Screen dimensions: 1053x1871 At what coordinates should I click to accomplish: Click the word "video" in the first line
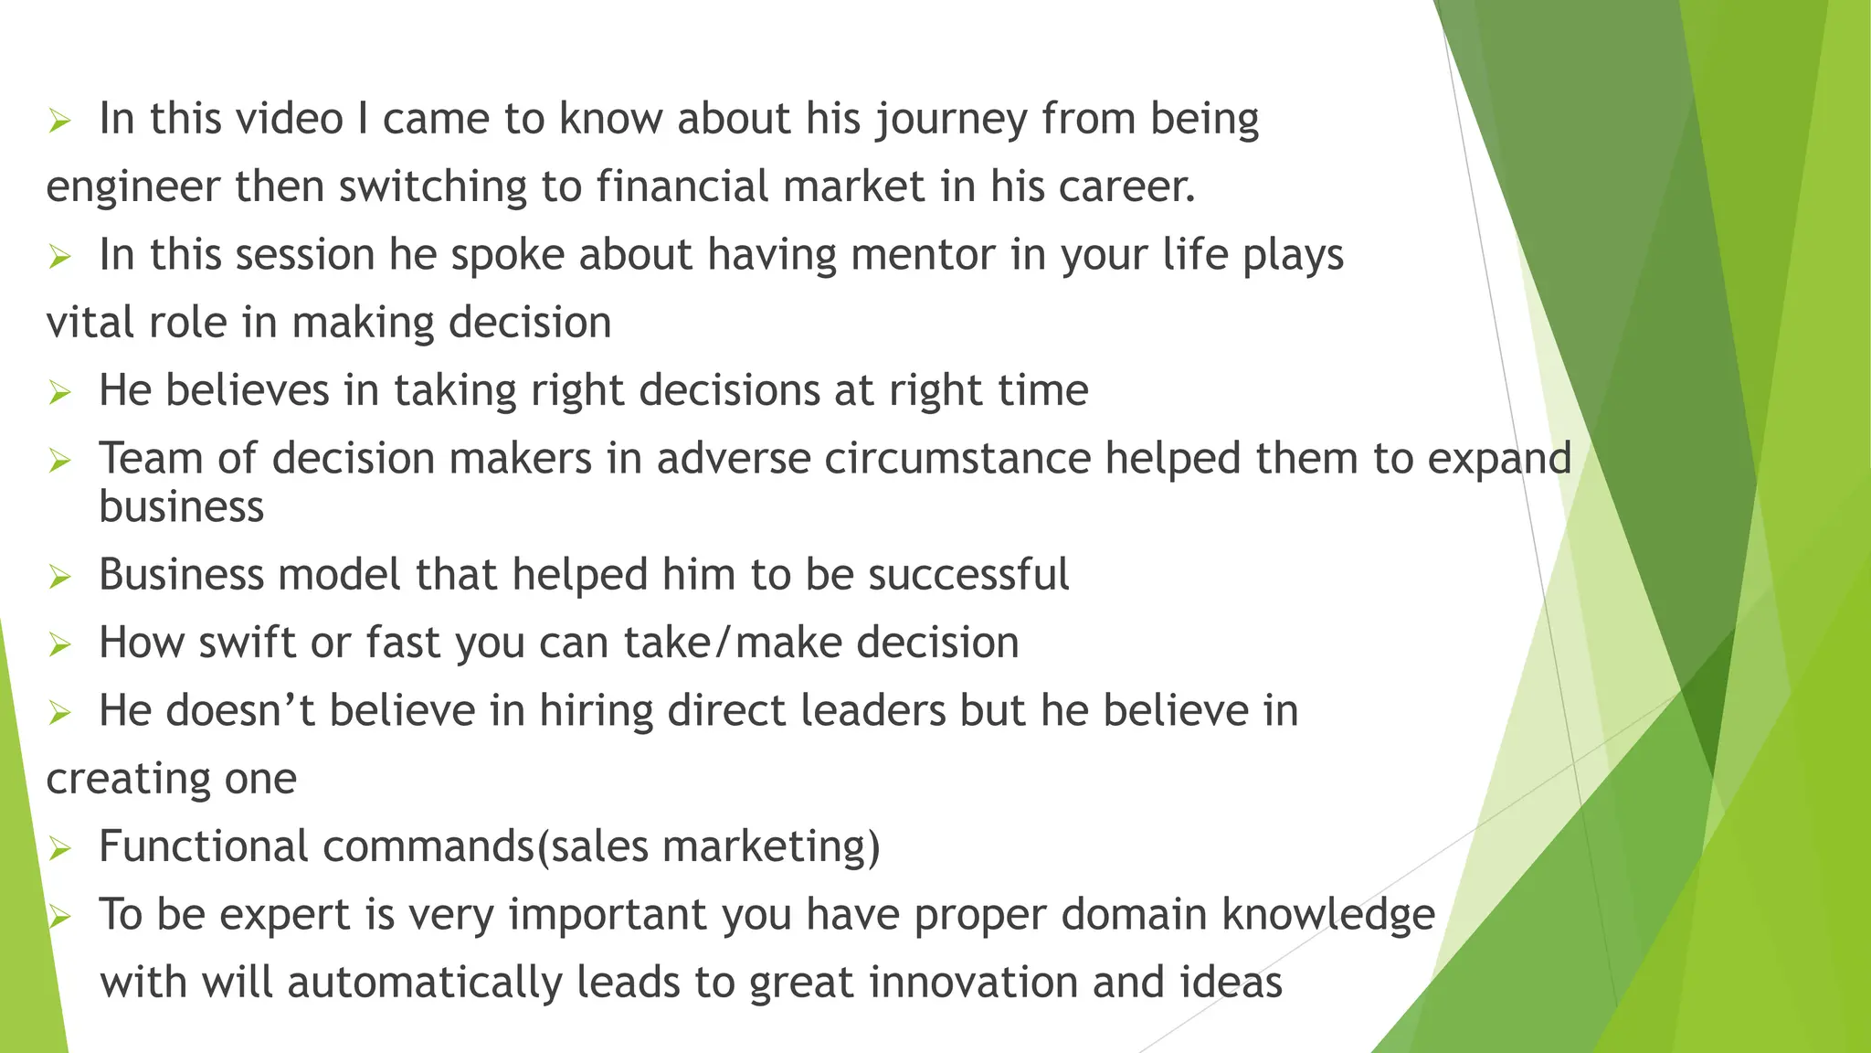coord(285,119)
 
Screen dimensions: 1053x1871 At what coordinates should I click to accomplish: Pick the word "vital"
coord(79,323)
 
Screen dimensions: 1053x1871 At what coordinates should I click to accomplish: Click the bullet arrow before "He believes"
coord(60,393)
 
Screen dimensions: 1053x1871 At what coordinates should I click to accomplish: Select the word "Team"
coord(151,458)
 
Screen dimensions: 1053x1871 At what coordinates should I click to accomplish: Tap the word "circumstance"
coord(957,458)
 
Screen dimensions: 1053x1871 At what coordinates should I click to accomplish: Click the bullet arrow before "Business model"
coord(60,577)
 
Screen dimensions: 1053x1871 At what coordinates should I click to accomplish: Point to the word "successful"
coord(968,575)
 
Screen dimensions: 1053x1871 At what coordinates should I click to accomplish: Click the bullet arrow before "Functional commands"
coord(60,848)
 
